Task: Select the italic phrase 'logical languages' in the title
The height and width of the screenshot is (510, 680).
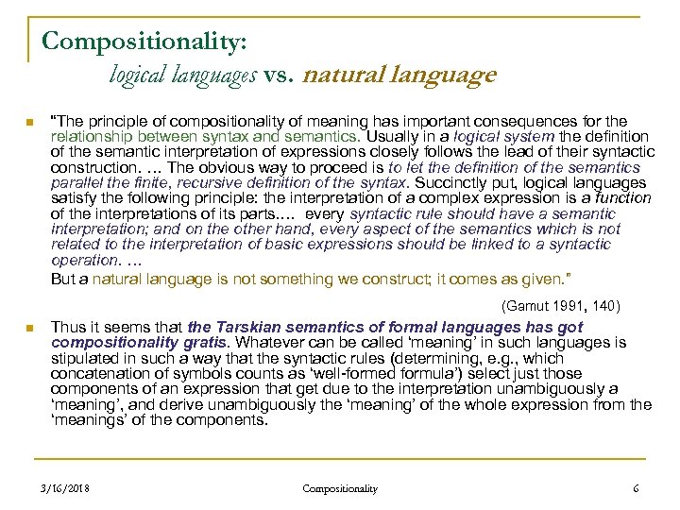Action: point(182,75)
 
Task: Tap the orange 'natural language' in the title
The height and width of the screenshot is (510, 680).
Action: point(399,75)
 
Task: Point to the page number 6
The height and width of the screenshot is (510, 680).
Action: point(636,488)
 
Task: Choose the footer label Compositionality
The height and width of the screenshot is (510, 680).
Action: point(340,488)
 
